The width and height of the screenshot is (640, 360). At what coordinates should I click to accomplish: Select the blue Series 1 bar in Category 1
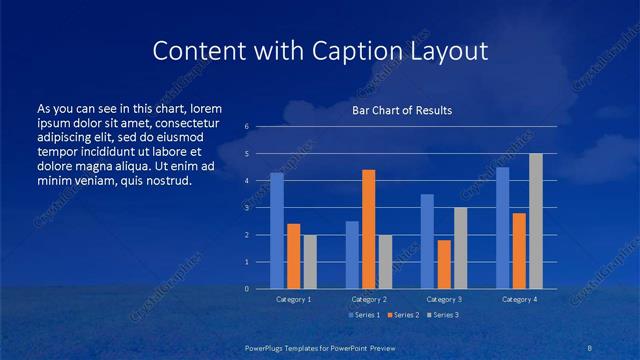click(277, 231)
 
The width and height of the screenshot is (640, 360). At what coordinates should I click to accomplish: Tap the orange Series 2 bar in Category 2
click(368, 229)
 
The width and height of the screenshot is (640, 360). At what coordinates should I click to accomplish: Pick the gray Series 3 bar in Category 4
click(536, 221)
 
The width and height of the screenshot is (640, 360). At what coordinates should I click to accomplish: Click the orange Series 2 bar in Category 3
click(444, 264)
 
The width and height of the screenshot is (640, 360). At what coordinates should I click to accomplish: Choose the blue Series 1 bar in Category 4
click(503, 228)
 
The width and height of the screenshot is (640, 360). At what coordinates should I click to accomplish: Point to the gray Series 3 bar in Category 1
click(309, 262)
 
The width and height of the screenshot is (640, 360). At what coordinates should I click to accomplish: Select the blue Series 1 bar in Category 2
click(352, 255)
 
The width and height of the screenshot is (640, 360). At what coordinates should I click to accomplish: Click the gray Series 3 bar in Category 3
click(460, 248)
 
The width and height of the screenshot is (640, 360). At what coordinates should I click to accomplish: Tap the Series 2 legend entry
click(402, 315)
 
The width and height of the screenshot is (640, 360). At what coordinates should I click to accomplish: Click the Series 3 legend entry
click(443, 315)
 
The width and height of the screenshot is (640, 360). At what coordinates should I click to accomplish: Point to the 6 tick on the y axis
click(247, 127)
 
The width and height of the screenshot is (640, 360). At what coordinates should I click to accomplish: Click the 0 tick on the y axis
click(247, 289)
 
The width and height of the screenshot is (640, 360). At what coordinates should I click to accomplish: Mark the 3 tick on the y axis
click(247, 208)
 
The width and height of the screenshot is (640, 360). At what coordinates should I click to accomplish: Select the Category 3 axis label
click(443, 299)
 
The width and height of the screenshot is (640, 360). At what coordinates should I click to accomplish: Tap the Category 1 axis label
click(293, 299)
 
